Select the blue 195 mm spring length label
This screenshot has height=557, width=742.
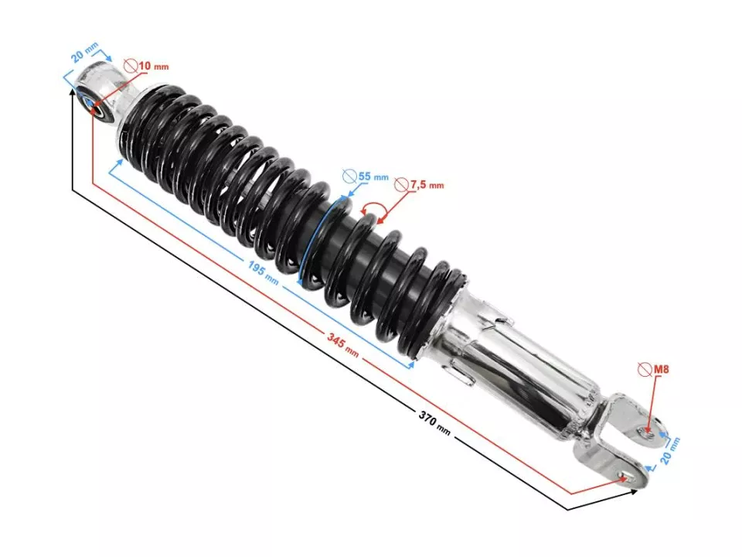click(x=263, y=272)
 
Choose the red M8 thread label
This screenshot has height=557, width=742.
click(x=661, y=370)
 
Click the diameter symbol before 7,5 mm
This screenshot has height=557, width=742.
click(x=401, y=185)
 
